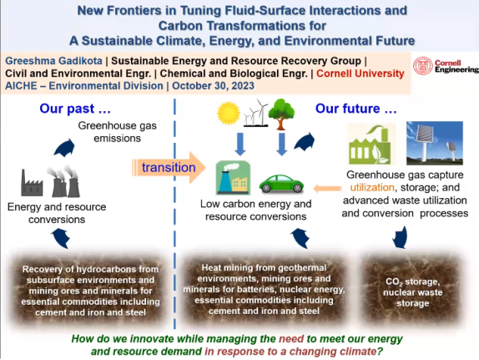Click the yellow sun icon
click(x=228, y=113)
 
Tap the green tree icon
click(x=281, y=114)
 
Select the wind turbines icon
click(x=256, y=113)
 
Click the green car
click(x=281, y=184)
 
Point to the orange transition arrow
click(x=169, y=168)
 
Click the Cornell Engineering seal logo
click(x=423, y=66)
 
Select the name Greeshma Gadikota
click(x=53, y=61)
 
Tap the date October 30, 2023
click(x=213, y=86)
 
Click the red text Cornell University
click(x=361, y=74)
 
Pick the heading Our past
click(x=75, y=109)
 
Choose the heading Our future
click(x=355, y=109)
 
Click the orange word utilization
click(x=372, y=187)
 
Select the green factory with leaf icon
click(x=371, y=144)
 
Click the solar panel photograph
click(x=435, y=143)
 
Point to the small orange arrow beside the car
click(x=327, y=189)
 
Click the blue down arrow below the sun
click(x=240, y=144)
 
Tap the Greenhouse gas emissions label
click(x=118, y=132)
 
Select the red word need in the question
click(x=291, y=339)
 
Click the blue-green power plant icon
click(x=233, y=178)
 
